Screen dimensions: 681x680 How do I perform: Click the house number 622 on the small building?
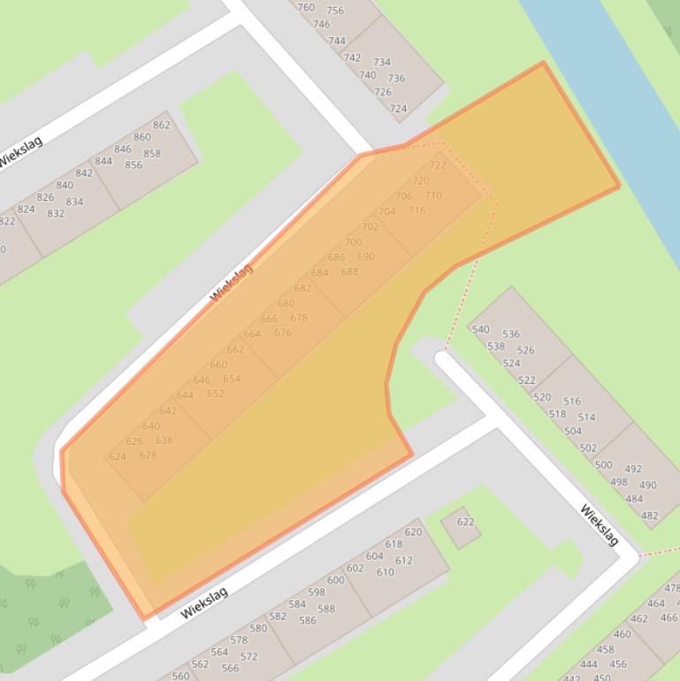pos(465,522)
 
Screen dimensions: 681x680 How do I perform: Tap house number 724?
pos(398,109)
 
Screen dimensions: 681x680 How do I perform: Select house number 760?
pos(306,8)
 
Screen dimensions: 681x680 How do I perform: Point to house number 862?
pos(161,125)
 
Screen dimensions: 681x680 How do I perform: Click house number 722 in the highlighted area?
pos(438,165)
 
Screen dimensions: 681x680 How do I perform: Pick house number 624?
pos(117,457)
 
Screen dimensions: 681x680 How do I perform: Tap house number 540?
pos(480,330)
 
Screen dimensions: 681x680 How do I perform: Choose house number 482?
pos(649,516)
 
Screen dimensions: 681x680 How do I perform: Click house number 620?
pos(413,532)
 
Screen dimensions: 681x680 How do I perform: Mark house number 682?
pos(302,288)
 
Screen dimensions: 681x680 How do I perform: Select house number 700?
pos(353,242)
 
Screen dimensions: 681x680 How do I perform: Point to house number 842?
pos(84,173)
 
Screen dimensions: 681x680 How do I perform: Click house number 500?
pos(603,465)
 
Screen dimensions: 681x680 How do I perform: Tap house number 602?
pos(355,569)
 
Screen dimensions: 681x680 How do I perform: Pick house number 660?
pos(218,365)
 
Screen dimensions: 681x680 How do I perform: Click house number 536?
pos(511,334)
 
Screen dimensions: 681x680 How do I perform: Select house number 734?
pos(382,63)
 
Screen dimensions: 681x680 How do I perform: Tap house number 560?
pos(180,677)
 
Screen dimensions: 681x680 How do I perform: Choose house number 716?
pos(416,210)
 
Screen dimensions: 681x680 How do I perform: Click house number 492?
pos(633,470)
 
